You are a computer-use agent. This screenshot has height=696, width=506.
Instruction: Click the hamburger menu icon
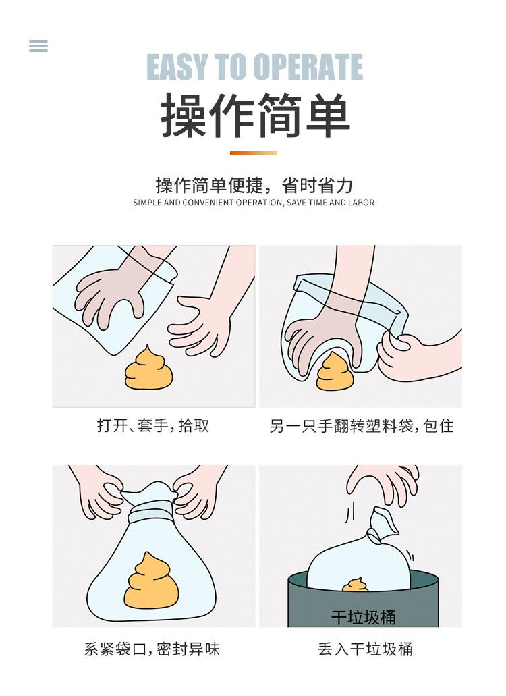(38, 46)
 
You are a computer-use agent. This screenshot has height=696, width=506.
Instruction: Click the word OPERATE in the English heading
(308, 68)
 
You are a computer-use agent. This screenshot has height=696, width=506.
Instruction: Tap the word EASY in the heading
(177, 68)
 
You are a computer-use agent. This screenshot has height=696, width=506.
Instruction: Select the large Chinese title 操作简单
(255, 115)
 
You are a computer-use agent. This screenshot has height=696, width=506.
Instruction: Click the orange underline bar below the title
(254, 153)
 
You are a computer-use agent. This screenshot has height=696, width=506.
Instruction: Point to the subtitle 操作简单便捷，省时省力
(254, 185)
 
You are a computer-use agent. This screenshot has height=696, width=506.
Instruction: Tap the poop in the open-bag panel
(149, 368)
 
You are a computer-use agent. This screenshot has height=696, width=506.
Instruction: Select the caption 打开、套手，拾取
(153, 426)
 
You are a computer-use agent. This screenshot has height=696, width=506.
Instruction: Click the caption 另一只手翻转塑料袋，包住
(362, 426)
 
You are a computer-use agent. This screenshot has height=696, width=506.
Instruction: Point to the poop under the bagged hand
(335, 372)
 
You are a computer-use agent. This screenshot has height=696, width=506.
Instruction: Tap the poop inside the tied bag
(151, 581)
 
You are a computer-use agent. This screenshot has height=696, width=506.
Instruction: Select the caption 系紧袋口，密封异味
(152, 649)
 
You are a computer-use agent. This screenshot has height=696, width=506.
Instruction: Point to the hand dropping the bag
(384, 484)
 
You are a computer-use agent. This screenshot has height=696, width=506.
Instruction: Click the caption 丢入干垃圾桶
(366, 649)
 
